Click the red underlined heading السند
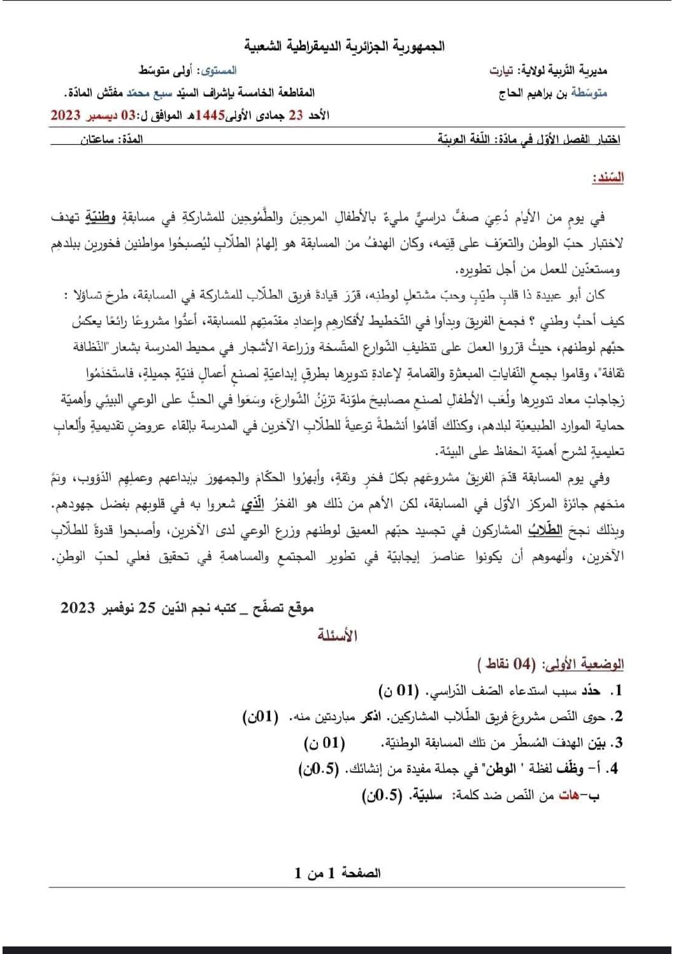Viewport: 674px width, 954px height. point(608,178)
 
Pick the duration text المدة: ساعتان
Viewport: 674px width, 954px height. point(111,140)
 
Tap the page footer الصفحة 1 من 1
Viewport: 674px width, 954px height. point(337,873)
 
